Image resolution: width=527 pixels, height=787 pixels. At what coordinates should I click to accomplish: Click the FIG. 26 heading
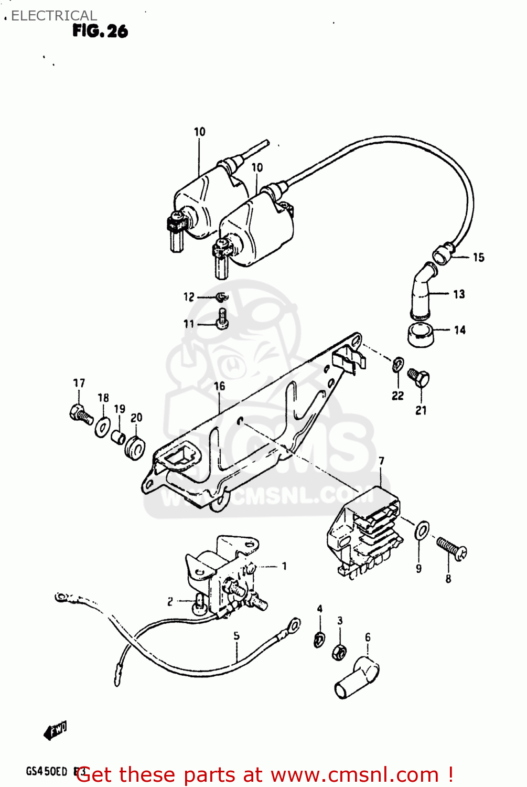tap(100, 31)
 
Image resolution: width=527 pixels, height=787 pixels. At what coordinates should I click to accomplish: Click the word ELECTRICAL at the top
tap(54, 16)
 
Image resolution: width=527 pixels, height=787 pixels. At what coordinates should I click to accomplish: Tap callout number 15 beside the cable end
tap(478, 257)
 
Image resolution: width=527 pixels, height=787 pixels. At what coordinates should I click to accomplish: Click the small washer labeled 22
tap(397, 363)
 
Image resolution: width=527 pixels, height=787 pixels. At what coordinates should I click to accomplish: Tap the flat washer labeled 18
tap(102, 427)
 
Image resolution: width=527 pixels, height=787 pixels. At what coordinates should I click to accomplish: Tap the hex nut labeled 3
tap(339, 652)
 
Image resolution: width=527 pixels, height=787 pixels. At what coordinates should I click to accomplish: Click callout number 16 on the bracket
tap(219, 387)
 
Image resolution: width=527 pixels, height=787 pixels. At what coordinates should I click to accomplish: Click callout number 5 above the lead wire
tap(236, 635)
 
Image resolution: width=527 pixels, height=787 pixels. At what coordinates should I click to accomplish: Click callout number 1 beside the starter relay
tap(284, 566)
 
